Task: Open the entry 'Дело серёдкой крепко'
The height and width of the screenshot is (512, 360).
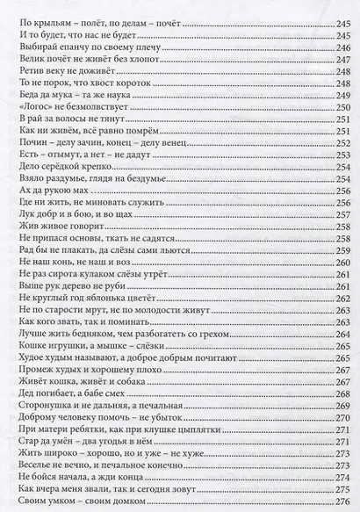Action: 62,162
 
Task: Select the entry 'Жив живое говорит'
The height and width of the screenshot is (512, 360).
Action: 56,226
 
